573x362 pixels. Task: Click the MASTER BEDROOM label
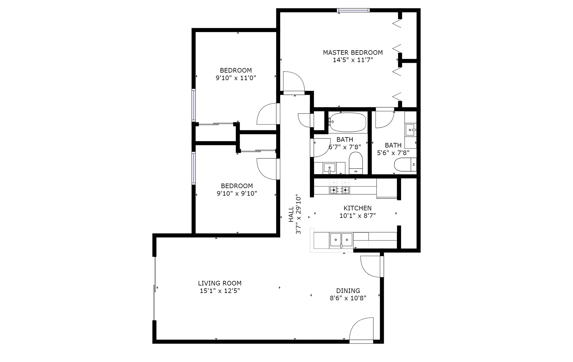click(353, 53)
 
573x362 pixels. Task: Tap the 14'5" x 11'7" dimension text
click(353, 60)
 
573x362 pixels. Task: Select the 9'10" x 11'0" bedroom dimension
click(236, 78)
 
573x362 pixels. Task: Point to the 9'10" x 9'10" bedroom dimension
click(237, 193)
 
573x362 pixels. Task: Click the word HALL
click(291, 215)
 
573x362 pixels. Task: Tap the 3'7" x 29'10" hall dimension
click(298, 215)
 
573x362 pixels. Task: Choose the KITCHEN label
click(358, 208)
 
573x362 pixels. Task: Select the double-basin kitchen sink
click(341, 240)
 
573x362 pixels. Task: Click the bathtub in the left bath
click(348, 122)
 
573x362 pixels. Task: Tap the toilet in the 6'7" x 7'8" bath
click(355, 163)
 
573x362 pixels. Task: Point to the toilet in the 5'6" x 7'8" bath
click(405, 164)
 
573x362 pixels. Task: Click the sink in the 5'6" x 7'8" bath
click(411, 130)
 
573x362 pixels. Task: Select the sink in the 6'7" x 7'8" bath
click(329, 168)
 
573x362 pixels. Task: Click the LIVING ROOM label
click(220, 283)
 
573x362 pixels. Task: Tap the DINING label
click(348, 291)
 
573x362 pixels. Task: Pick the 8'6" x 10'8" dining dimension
click(348, 298)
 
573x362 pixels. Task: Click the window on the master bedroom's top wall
click(353, 10)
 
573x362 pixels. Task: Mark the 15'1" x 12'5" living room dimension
click(220, 291)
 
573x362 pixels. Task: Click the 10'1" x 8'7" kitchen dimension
click(358, 216)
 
